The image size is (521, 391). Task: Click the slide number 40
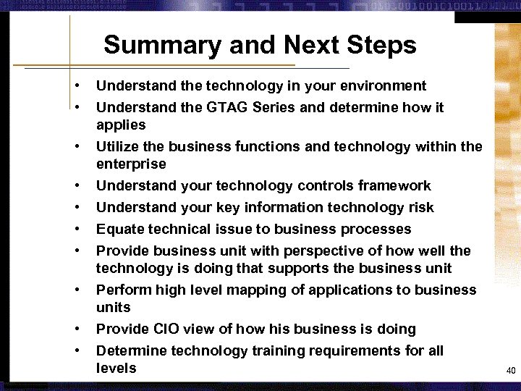click(x=510, y=371)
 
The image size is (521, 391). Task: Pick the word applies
click(x=121, y=125)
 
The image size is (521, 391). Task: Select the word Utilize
click(x=117, y=147)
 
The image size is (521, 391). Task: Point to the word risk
click(x=420, y=208)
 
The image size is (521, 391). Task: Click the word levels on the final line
click(x=116, y=369)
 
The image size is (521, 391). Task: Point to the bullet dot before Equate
click(x=77, y=230)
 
